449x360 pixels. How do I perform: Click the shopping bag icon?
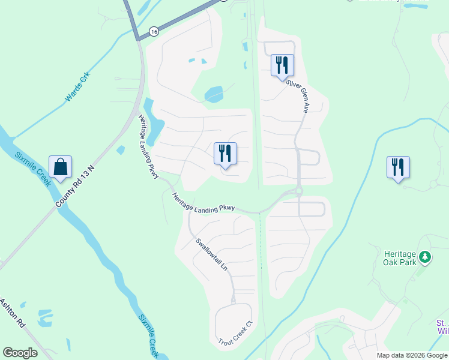[61, 167]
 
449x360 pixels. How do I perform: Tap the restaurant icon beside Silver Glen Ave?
[282, 65]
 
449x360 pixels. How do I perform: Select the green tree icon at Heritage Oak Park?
[425, 257]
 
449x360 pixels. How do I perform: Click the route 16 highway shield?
[154, 31]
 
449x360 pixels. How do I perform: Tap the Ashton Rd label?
[12, 313]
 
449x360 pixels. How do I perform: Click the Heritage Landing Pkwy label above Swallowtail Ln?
[203, 203]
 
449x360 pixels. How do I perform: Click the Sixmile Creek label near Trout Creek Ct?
[148, 336]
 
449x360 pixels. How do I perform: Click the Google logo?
[20, 353]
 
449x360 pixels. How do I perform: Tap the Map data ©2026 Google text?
[412, 355]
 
